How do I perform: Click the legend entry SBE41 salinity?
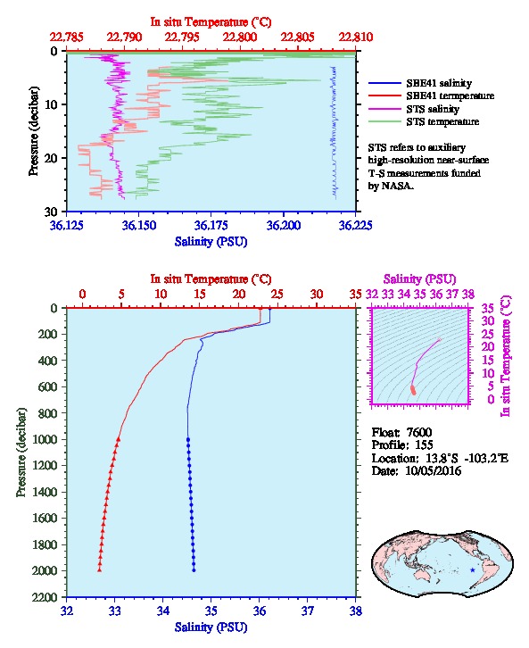(439, 83)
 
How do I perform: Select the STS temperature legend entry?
(442, 121)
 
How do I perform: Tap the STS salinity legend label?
(433, 109)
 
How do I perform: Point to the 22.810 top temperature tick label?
(356, 37)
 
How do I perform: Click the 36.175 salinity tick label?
(211, 225)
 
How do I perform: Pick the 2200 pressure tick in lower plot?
(45, 597)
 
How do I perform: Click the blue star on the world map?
(473, 570)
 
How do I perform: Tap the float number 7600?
(419, 432)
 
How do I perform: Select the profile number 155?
(424, 445)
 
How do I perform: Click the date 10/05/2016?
(434, 470)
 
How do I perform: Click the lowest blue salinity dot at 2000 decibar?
(194, 570)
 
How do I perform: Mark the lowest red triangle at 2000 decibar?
(100, 570)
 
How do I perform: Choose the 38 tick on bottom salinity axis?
(356, 611)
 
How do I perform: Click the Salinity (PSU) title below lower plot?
(211, 627)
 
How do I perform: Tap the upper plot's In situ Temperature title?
(211, 22)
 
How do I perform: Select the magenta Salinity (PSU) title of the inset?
(419, 279)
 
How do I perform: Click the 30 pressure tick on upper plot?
(51, 212)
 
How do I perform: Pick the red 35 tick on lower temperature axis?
(356, 294)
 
